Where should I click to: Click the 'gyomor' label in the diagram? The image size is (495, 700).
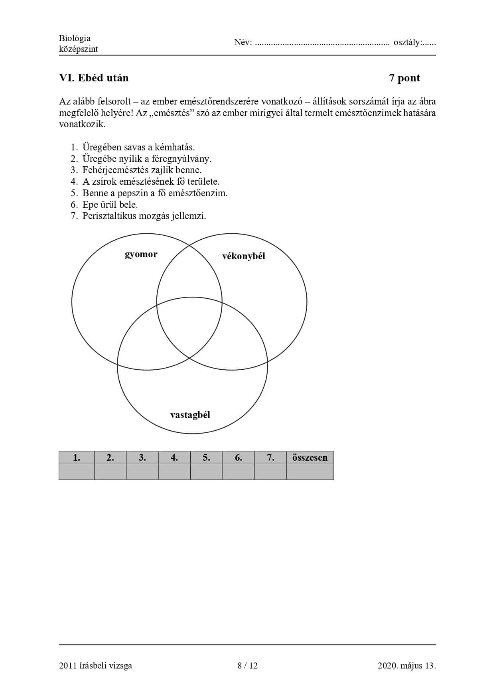tap(141, 254)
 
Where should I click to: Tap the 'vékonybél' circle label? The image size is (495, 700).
tap(243, 256)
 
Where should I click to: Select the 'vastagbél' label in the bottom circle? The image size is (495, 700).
tap(190, 415)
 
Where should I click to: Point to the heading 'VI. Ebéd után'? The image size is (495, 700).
tap(94, 78)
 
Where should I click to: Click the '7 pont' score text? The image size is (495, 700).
tap(404, 78)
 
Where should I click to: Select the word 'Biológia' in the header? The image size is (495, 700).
tap(75, 38)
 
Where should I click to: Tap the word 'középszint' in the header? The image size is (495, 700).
tap(78, 49)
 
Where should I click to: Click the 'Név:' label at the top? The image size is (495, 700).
tap(243, 42)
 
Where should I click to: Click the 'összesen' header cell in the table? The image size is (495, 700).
tap(310, 457)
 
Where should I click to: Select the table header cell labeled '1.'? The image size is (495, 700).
tap(77, 457)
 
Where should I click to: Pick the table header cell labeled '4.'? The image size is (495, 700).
tap(174, 457)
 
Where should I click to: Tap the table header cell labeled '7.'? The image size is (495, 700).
tap(270, 457)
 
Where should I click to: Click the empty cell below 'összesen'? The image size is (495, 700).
tap(310, 471)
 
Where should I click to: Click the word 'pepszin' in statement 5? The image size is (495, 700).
tap(133, 193)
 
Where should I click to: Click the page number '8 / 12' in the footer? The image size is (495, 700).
tap(247, 665)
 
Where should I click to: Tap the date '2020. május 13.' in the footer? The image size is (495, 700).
tap(406, 665)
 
